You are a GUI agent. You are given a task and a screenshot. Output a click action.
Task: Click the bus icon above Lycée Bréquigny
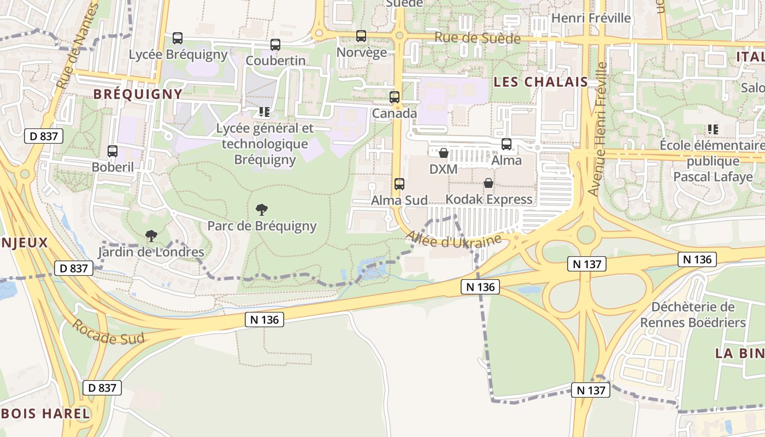coord(178,38)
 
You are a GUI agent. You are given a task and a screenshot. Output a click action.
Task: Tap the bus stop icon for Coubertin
coord(275,45)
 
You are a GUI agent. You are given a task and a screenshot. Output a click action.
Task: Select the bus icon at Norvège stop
coord(361,36)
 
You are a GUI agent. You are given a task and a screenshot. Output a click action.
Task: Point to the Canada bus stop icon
coord(395,97)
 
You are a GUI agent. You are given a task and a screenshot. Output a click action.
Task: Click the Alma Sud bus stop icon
coord(399,184)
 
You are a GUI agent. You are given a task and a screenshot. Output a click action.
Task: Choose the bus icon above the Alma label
coord(507,144)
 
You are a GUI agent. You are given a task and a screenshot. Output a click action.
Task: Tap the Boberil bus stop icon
coord(113,151)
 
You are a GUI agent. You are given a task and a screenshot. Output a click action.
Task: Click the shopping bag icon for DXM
coord(444,153)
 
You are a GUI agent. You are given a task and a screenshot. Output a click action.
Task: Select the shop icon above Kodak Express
coord(489,183)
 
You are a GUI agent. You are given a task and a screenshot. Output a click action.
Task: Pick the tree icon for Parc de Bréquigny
coord(262,209)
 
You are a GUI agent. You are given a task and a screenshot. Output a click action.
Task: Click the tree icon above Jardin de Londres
coord(151,236)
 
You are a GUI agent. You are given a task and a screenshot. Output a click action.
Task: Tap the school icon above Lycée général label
coord(264,112)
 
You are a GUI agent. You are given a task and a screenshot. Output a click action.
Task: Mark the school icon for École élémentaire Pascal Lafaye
coord(713,129)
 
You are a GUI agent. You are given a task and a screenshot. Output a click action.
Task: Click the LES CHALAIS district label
coord(540,82)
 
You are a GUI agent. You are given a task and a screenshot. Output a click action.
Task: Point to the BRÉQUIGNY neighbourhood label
coord(138,94)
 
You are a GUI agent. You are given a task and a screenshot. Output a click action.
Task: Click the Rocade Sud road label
coord(108,332)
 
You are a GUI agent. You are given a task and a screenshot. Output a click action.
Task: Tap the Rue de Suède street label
coord(477,38)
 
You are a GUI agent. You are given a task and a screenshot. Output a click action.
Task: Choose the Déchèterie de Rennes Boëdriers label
coord(693,315)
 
